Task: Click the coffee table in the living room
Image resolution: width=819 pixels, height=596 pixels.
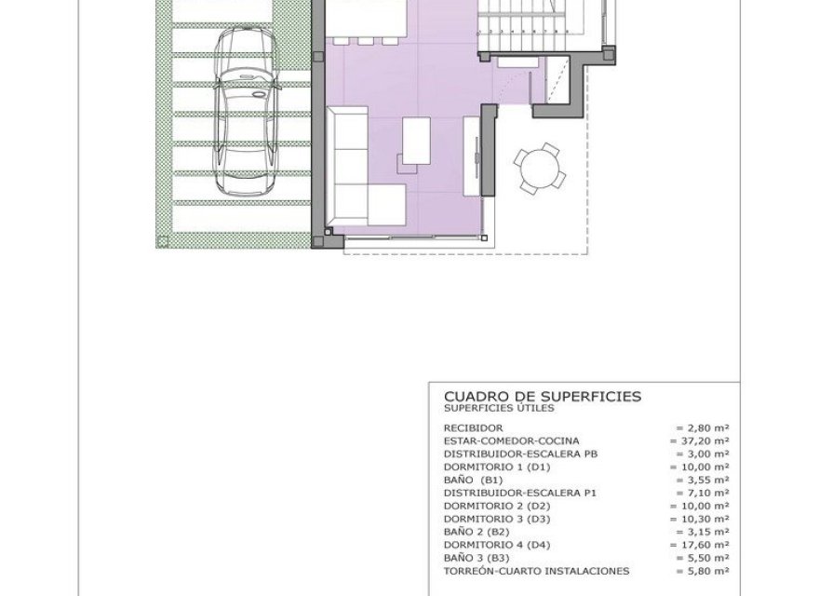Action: (415, 141)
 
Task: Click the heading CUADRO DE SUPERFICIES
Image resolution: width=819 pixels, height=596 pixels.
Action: (543, 396)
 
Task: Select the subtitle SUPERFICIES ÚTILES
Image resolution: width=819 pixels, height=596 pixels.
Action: (499, 408)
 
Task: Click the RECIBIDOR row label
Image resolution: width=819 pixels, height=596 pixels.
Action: (474, 427)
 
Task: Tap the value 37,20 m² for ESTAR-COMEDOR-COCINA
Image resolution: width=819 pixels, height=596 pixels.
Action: (699, 440)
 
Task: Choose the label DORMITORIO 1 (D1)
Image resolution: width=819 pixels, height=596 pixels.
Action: (498, 467)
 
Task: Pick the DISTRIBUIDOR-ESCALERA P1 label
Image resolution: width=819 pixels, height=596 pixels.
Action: (518, 493)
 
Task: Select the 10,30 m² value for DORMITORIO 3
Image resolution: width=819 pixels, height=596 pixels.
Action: (699, 519)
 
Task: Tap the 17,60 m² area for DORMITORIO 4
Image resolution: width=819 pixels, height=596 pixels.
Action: (699, 545)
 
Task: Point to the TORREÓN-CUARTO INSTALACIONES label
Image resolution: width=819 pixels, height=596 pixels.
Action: (537, 571)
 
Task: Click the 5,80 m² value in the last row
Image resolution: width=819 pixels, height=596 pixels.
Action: (702, 571)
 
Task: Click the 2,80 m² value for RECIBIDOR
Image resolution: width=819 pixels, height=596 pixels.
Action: (702, 427)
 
